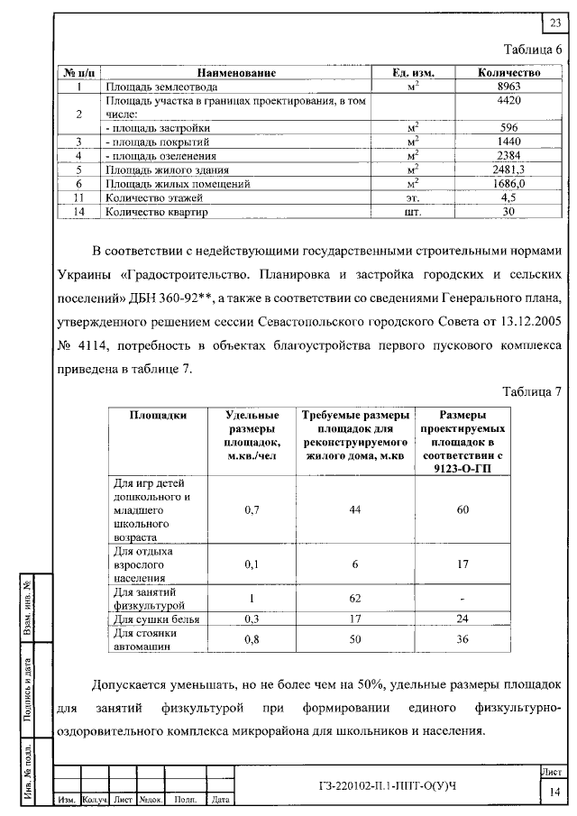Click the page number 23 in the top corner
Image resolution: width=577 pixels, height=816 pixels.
[554, 23]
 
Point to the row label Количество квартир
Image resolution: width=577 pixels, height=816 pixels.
[157, 212]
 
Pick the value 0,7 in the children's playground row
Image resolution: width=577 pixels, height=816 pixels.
[252, 510]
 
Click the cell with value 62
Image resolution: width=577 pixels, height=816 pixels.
[355, 597]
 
